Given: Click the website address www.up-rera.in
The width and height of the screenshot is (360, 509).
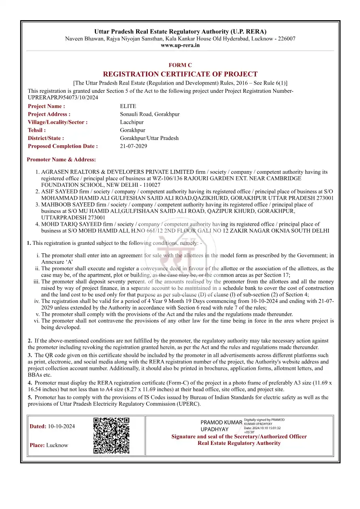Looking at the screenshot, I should [180, 46].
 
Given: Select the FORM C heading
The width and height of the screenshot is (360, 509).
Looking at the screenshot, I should [180, 65].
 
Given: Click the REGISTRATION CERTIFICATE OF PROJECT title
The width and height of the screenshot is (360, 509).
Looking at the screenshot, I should [180, 74].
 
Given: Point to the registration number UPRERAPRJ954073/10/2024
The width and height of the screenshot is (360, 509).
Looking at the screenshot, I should [63, 98].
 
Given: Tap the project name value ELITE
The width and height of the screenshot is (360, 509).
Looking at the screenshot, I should [128, 106].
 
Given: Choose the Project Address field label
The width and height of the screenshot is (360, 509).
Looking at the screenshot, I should [49, 114].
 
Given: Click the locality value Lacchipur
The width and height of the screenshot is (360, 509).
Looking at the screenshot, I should [132, 122].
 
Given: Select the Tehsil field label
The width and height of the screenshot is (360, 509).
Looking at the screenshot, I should [37, 130].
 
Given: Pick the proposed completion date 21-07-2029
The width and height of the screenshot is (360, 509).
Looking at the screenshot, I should [134, 146].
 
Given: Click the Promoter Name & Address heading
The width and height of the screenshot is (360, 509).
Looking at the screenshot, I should [61, 160].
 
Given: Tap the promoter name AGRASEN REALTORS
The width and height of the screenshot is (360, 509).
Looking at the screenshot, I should [73, 172].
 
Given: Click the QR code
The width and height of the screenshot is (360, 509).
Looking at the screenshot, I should [111, 436].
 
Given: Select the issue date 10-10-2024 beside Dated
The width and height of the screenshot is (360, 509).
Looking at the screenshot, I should [61, 426].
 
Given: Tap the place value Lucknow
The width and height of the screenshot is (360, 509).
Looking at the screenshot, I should [57, 445].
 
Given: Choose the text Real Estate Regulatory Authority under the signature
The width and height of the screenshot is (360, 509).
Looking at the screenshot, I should [239, 443].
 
